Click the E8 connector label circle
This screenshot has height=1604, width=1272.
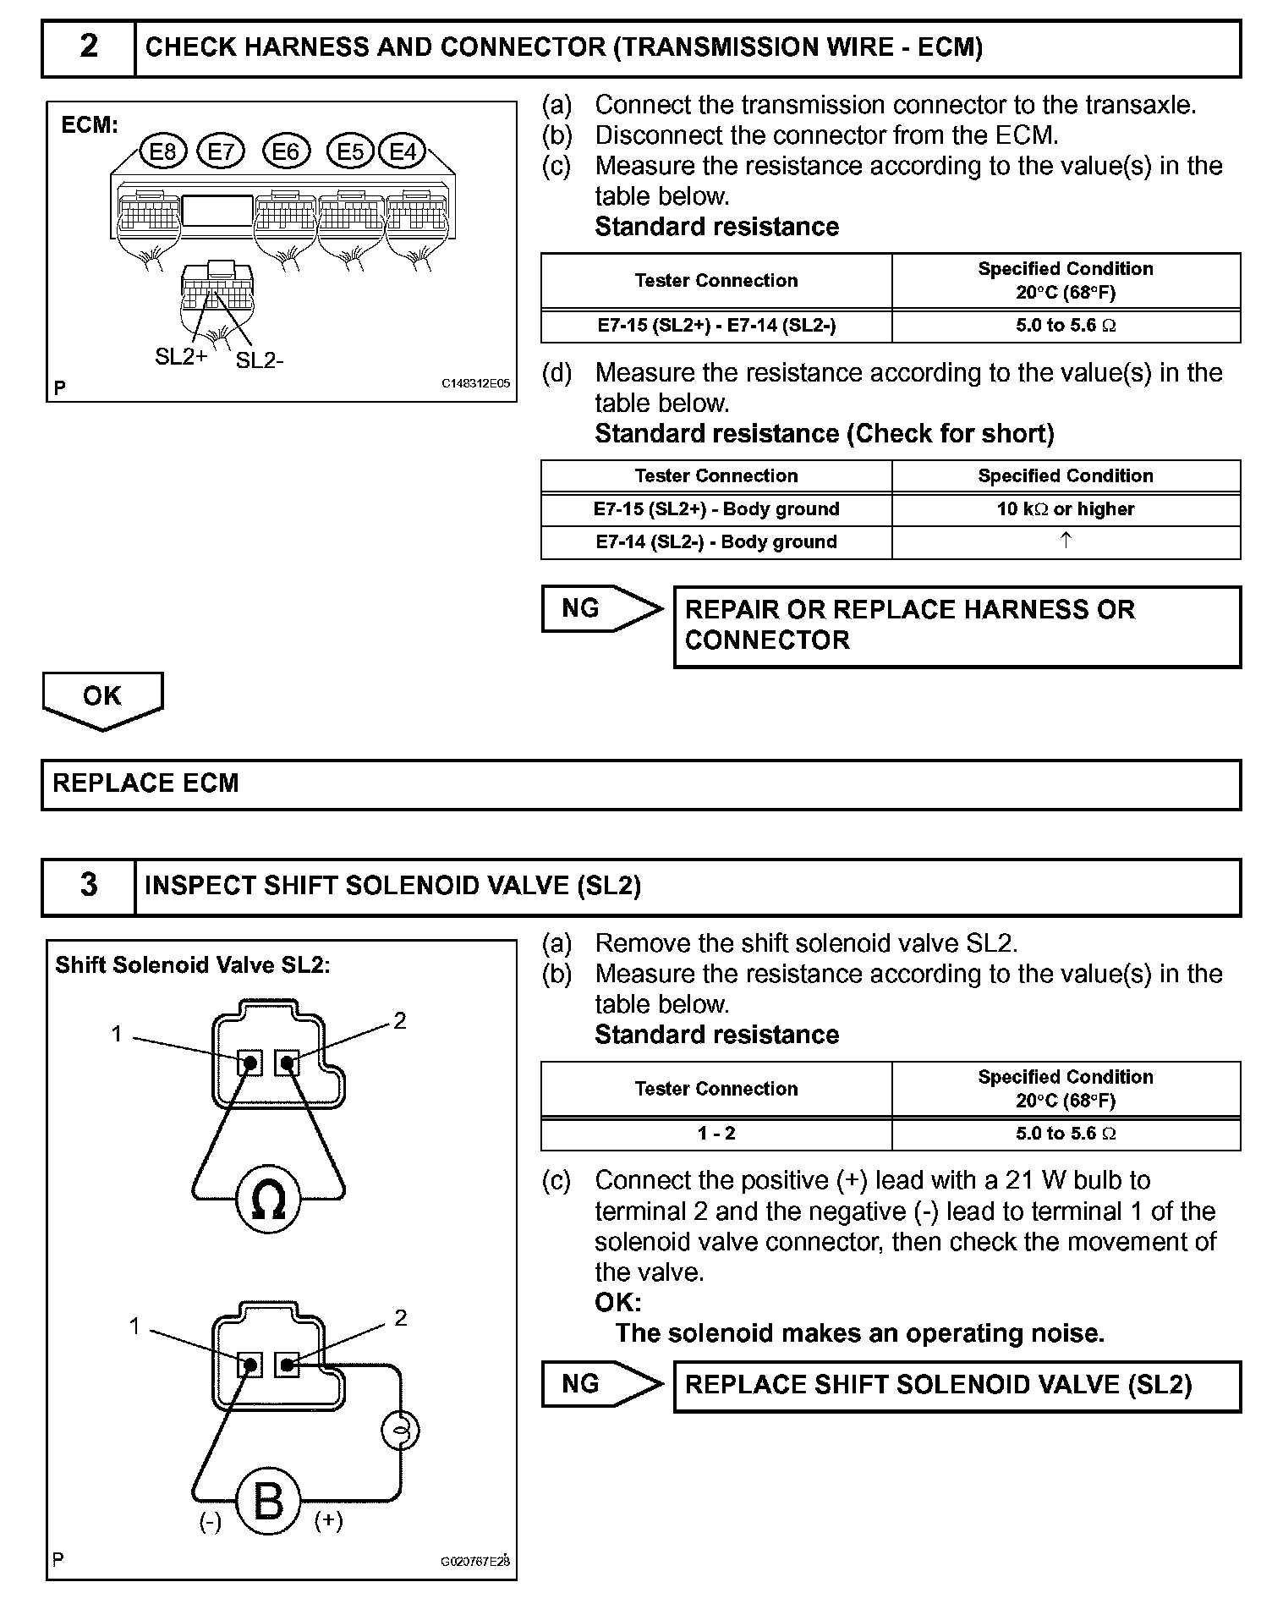coord(162,151)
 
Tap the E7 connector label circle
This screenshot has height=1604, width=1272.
coord(220,151)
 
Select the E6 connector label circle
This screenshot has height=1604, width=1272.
coord(287,151)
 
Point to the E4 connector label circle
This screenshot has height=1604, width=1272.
coord(403,151)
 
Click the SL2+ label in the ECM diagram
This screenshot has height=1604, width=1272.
coord(181,357)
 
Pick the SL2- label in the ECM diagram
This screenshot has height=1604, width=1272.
coord(260,361)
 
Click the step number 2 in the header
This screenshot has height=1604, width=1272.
coord(89,47)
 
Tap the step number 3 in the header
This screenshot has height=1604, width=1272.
coord(89,885)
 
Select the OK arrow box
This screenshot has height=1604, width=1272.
coord(102,699)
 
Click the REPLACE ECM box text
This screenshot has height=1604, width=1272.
coord(146,783)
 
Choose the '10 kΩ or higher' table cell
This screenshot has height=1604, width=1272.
coord(1066,509)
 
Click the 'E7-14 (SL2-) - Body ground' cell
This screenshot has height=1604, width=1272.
coord(716,542)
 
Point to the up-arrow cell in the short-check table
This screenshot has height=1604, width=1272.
coord(1066,541)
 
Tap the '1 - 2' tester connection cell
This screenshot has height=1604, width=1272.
coord(716,1134)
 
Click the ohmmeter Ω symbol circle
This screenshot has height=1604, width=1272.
coord(269,1199)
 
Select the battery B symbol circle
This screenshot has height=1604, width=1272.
coord(269,1502)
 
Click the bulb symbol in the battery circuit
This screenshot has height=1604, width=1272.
coord(400,1431)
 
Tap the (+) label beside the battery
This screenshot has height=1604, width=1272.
coord(328,1521)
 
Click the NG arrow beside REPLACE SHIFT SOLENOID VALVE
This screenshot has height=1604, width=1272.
coord(601,1385)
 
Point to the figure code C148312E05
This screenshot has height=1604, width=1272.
coord(476,383)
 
